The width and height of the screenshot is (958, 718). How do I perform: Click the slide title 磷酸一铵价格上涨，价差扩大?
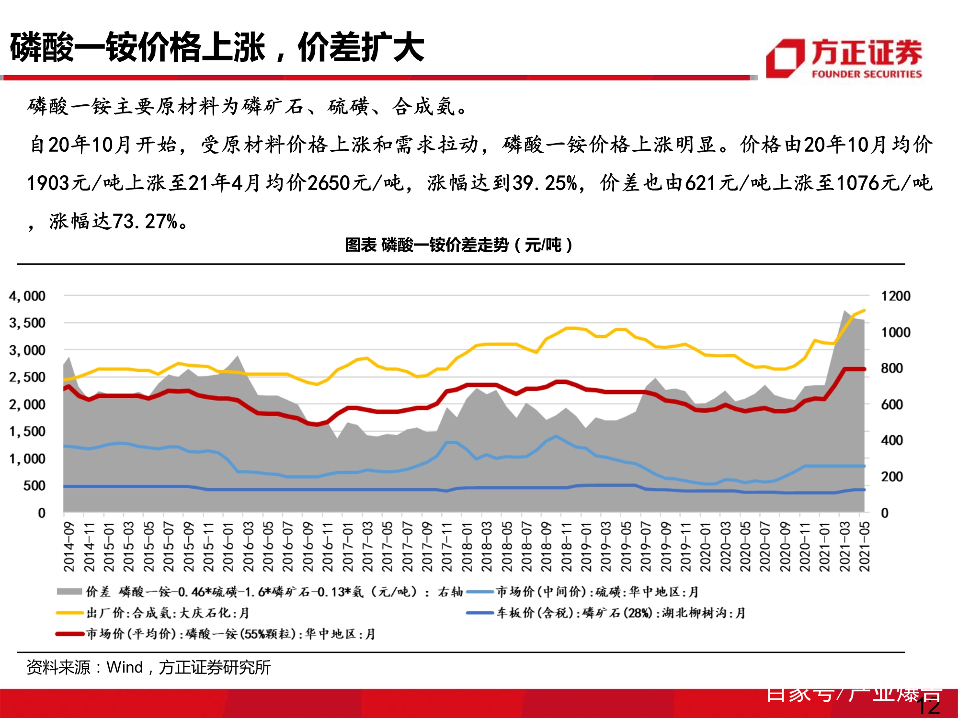coord(217,48)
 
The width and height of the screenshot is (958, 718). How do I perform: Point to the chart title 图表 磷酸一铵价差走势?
coord(458,245)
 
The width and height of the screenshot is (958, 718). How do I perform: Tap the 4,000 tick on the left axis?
coord(27,296)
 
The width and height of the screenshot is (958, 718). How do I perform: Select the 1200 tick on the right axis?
coord(895,296)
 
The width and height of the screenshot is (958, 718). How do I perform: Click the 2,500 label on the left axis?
coord(27,377)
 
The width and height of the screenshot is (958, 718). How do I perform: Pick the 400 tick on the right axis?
coord(892,440)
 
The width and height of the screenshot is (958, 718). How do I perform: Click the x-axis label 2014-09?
coord(69,547)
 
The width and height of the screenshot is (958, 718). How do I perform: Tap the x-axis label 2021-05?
coord(864,547)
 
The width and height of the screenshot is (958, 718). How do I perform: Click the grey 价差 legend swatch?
coord(69,592)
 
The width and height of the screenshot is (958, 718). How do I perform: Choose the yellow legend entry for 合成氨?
coord(167,613)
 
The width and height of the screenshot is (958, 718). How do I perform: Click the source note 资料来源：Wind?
coord(148,667)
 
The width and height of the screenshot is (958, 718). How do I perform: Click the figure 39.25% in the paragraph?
coord(545,183)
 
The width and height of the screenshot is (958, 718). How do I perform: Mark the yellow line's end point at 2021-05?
coord(864,310)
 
